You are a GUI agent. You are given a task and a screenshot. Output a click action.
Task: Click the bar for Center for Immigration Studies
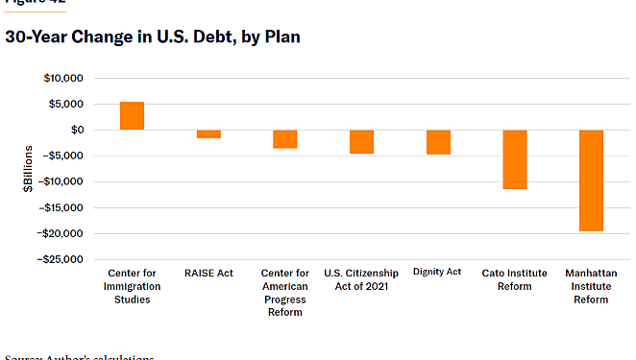pyautogui.click(x=132, y=115)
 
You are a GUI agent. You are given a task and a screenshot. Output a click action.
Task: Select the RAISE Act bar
pyautogui.click(x=208, y=134)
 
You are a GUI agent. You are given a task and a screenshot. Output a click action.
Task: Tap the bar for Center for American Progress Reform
pyautogui.click(x=285, y=139)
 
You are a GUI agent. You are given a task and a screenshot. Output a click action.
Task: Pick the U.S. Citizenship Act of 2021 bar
pyautogui.click(x=361, y=142)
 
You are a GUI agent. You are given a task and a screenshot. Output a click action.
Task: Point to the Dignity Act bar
pyautogui.click(x=438, y=142)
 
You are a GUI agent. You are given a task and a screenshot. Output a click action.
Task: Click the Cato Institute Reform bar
pyautogui.click(x=515, y=159)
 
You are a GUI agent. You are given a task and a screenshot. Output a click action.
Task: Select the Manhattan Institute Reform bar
pyautogui.click(x=591, y=180)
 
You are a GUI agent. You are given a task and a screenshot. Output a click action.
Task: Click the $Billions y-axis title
pyautogui.click(x=29, y=169)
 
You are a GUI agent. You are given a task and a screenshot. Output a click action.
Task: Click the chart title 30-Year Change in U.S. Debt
pyautogui.click(x=153, y=37)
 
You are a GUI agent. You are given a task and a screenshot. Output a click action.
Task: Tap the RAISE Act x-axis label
pyautogui.click(x=208, y=274)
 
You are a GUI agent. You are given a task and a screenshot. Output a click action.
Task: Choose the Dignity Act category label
pyautogui.click(x=438, y=273)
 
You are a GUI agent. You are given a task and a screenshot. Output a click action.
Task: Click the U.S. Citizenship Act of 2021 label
pyautogui.click(x=361, y=279)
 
